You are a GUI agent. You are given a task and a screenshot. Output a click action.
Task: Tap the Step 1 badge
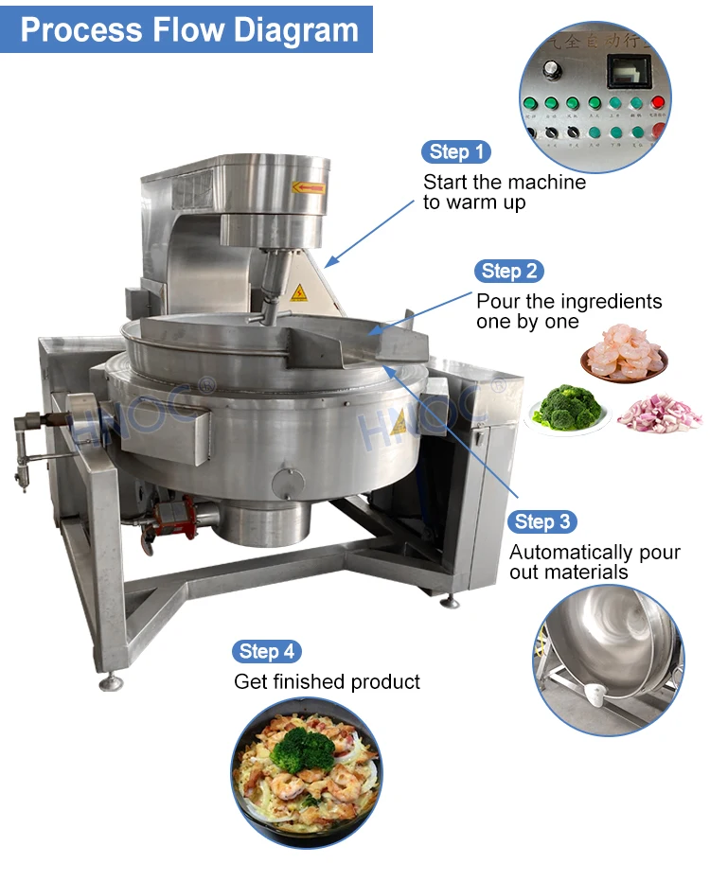[x=455, y=151]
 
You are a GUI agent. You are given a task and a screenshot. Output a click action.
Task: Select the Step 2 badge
[x=508, y=271]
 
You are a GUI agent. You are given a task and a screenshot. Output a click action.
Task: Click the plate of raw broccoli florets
[x=568, y=408]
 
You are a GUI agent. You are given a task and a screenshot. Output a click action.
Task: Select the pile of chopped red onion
[x=659, y=414]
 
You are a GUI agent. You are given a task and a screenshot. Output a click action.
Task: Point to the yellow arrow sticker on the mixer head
[x=308, y=186]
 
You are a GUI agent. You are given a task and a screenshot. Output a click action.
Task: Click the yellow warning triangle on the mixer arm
[x=298, y=292]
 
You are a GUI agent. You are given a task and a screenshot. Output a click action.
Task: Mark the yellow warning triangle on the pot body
[x=399, y=422]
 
